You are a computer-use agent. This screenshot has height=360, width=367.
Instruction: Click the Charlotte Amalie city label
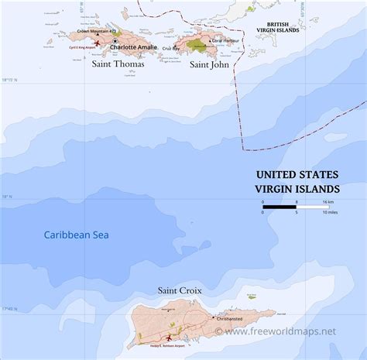pyautogui.click(x=134, y=47)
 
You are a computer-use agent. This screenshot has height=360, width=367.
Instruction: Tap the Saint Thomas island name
pyautogui.click(x=118, y=64)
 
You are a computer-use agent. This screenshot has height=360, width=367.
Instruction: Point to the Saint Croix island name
pyautogui.click(x=180, y=291)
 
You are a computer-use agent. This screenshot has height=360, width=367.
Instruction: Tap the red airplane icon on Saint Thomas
pyautogui.click(x=98, y=43)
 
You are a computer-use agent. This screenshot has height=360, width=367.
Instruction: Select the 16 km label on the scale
pyautogui.click(x=328, y=201)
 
